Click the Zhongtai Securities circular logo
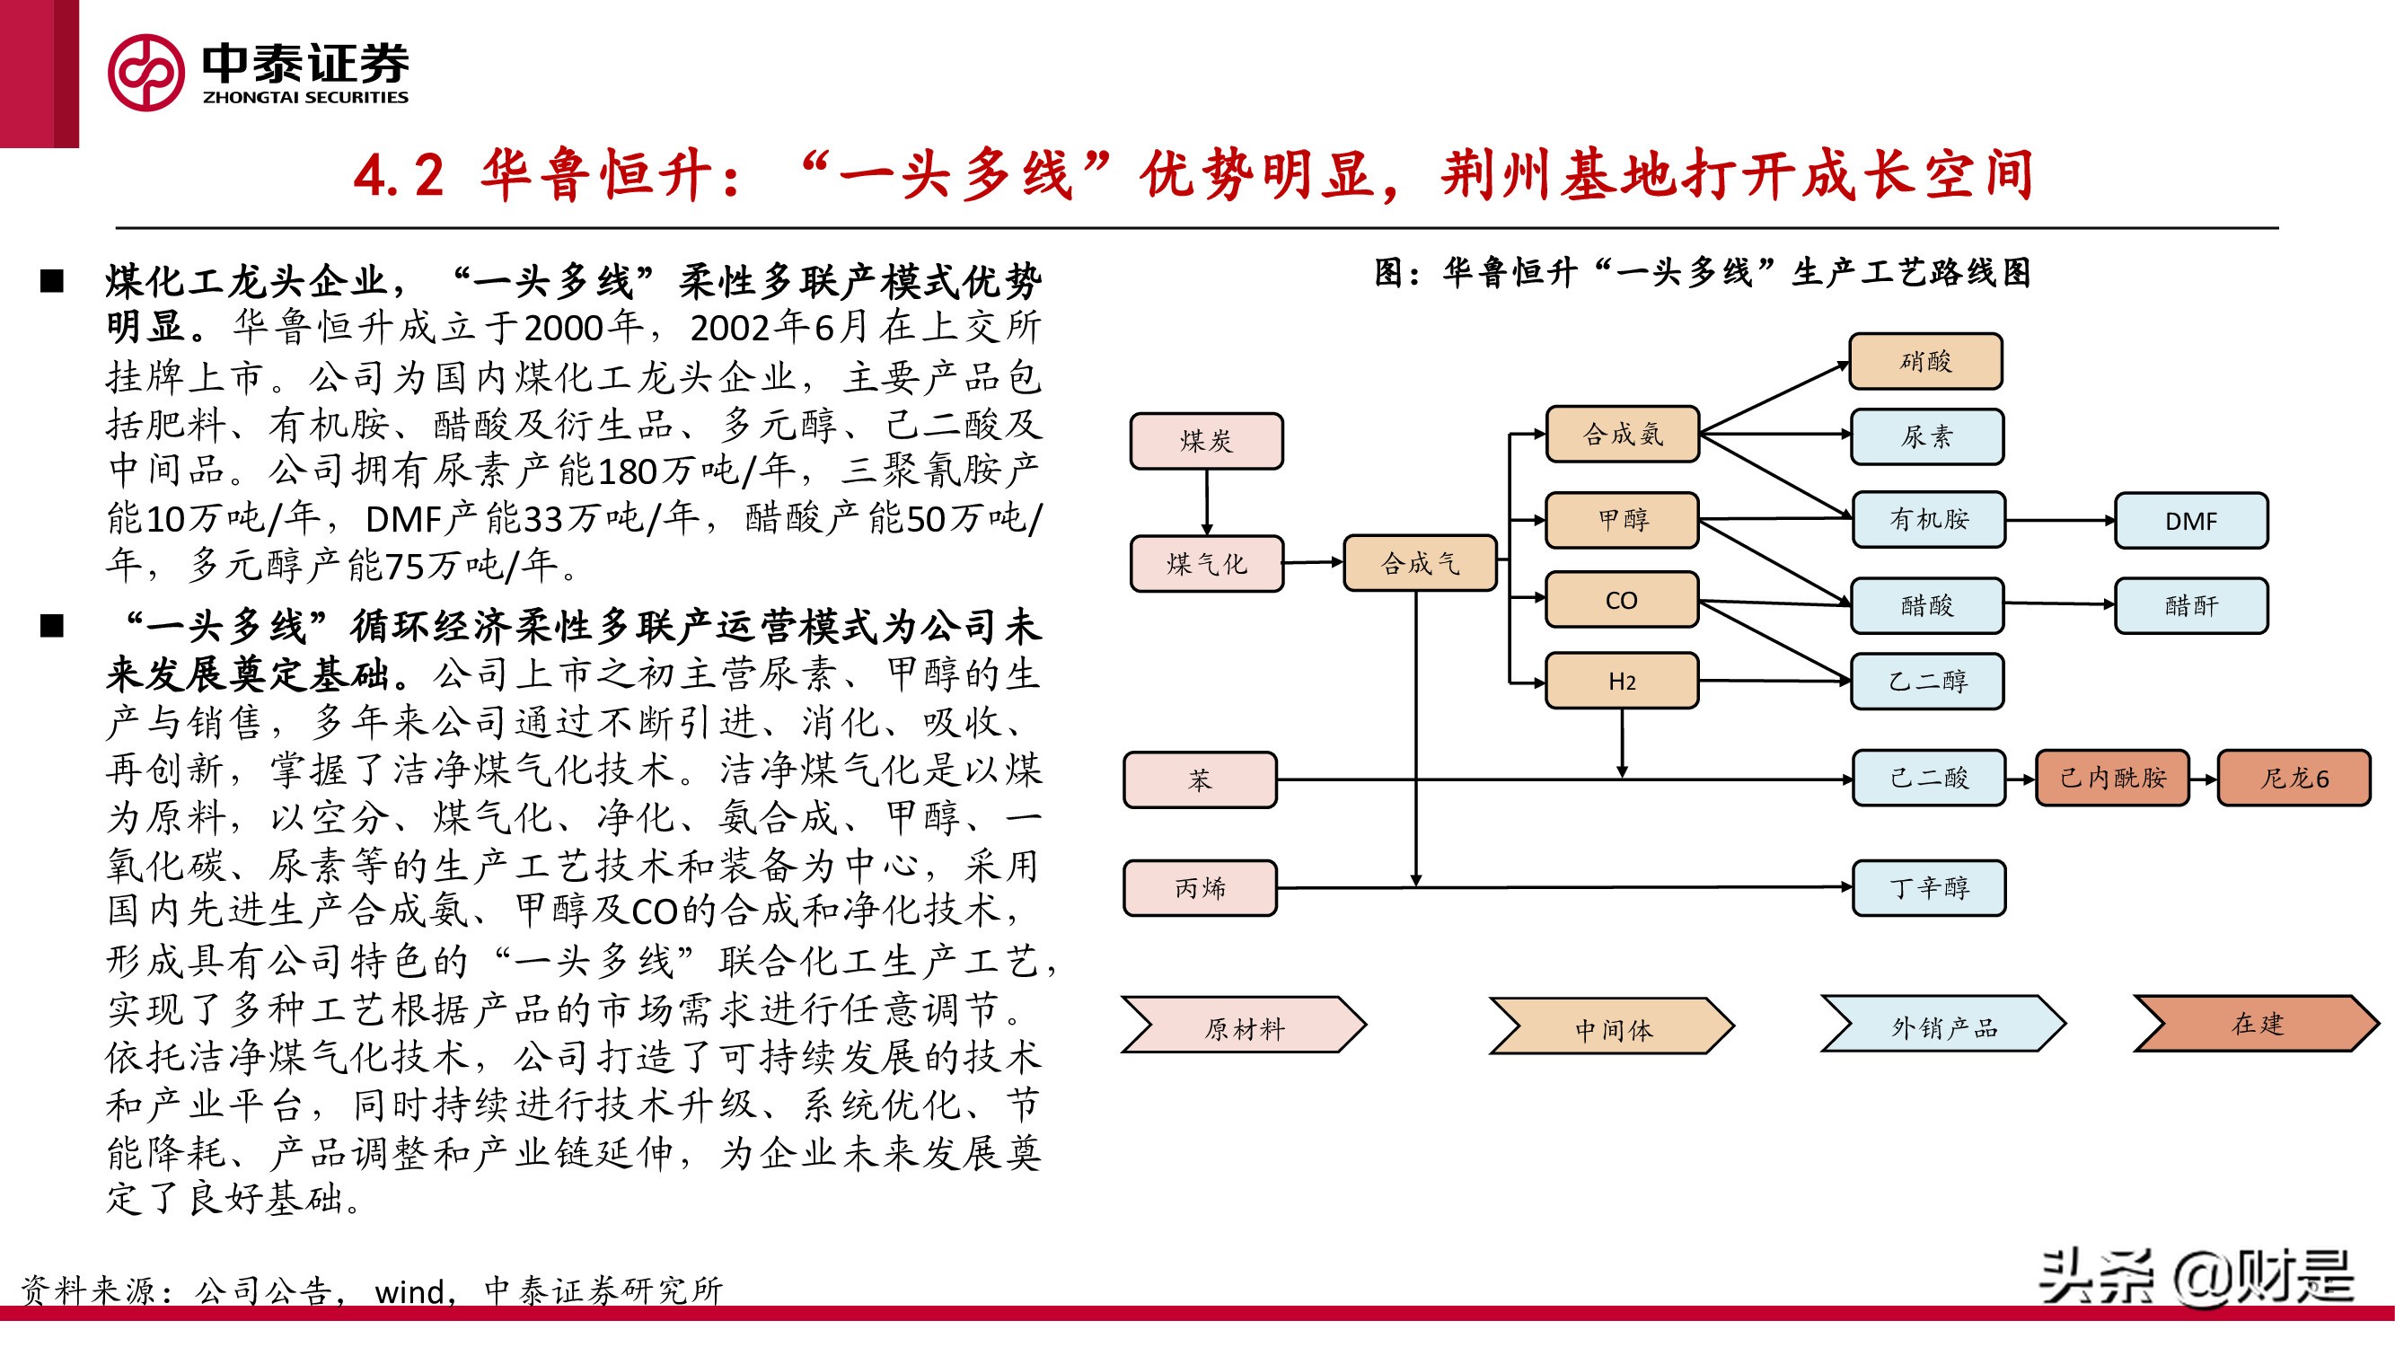[x=146, y=73]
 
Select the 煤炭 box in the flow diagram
[x=1206, y=441]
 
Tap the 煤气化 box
[x=1206, y=563]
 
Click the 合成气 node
[x=1420, y=562]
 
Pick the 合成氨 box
[x=1623, y=434]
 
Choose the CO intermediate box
[x=1622, y=601]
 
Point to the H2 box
[x=1622, y=682]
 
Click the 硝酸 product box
[x=1925, y=361]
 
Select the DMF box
[x=2190, y=521]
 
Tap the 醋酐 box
[x=2190, y=606]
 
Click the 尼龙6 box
[x=2294, y=778]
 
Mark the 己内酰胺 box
[x=2112, y=777]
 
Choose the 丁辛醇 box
[x=1928, y=888]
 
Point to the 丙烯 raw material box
[x=1200, y=888]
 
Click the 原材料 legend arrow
[x=1243, y=1026]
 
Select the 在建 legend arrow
[x=2256, y=1024]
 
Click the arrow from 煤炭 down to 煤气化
[x=1207, y=502]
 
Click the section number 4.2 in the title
[x=398, y=175]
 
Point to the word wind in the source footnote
[x=409, y=1291]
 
